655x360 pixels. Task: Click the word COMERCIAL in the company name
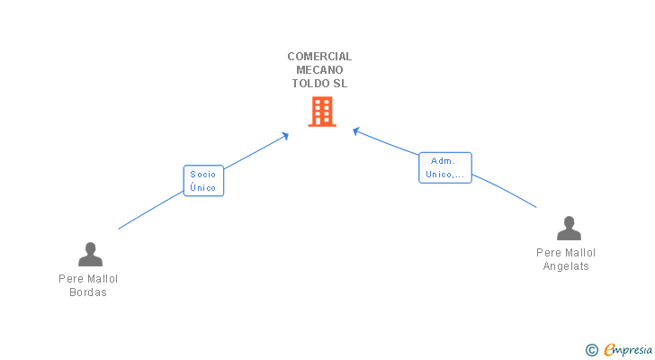click(319, 56)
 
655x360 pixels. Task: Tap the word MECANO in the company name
click(319, 69)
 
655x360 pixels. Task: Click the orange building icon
click(321, 112)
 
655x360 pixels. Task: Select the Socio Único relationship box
click(203, 181)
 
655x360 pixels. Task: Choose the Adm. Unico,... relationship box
click(445, 167)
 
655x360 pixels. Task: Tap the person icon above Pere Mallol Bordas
click(89, 255)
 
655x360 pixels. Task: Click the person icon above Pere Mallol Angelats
click(568, 229)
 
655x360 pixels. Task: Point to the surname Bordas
click(88, 292)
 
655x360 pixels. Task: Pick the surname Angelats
click(566, 266)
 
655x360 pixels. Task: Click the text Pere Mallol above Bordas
click(88, 279)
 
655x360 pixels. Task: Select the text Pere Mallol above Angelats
click(566, 253)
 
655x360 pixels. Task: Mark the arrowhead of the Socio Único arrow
click(286, 135)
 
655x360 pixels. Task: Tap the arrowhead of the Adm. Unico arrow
click(355, 131)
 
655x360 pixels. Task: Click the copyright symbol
click(591, 350)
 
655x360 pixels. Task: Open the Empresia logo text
click(628, 349)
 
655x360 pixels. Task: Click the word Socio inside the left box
click(203, 174)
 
